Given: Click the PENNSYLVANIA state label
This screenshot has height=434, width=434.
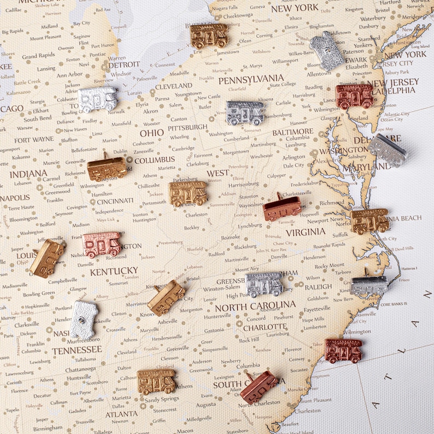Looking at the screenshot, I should pos(251,80).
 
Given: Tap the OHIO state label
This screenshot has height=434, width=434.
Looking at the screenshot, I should pos(151,133).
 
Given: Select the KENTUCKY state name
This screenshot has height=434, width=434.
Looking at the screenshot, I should pos(114,271).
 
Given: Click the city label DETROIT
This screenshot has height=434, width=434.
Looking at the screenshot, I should pos(124,64).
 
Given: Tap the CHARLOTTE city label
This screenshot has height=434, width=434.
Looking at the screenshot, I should pos(265,327).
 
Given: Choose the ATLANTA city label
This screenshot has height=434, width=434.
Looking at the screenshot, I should pos(121,414).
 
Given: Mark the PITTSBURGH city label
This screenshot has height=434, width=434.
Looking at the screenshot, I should pos(188,127).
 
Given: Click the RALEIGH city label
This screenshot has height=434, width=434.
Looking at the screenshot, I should pos(318,286).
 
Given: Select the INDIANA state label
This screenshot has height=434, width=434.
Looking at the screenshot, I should pos(28,174).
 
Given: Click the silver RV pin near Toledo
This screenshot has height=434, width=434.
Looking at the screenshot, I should pos(97,99).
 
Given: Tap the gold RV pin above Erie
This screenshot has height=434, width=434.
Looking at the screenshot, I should pos(209,35).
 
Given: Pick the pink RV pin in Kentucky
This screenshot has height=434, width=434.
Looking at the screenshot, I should pos(102,244).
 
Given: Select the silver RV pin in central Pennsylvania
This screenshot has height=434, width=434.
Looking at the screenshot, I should pos(245,112).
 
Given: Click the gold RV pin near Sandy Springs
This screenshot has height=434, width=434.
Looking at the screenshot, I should pos(156,381).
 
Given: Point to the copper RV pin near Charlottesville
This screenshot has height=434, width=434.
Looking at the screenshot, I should pos(282,208).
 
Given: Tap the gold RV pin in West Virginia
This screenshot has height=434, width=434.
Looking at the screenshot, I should pos(188,193).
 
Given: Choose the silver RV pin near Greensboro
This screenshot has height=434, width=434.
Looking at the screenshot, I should pos(264,284).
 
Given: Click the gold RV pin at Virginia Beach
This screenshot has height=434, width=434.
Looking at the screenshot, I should pos(370,220).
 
